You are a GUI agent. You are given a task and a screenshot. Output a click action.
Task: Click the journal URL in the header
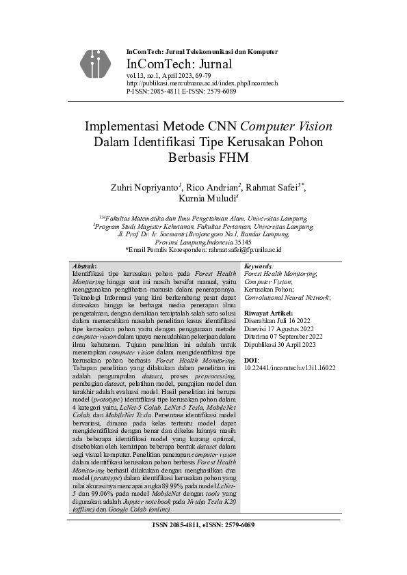pos(202,83)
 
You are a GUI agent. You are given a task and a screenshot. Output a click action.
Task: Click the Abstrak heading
pos(84,266)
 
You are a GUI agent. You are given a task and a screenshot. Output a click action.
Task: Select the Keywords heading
pos(259,266)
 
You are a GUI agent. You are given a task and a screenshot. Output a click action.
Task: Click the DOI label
pos(251,359)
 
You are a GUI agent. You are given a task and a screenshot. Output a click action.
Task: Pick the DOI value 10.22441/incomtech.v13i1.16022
pos(290,367)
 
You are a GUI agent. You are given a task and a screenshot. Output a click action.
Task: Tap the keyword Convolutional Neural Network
pos(287,297)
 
